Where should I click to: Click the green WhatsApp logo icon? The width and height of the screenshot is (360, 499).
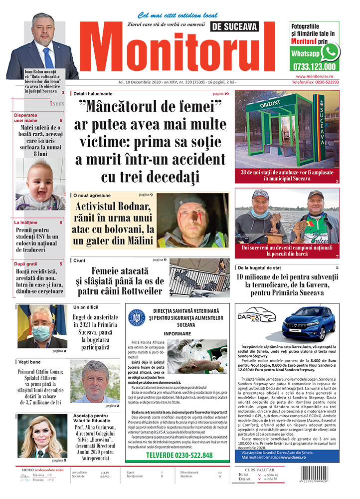click(x=330, y=52)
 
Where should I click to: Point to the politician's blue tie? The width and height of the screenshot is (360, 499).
click(x=48, y=57)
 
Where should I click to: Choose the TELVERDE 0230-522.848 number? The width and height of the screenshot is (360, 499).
click(x=179, y=455)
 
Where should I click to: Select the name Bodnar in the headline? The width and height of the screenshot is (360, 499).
click(x=131, y=206)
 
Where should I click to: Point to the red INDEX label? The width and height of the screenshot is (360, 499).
click(x=57, y=104)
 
